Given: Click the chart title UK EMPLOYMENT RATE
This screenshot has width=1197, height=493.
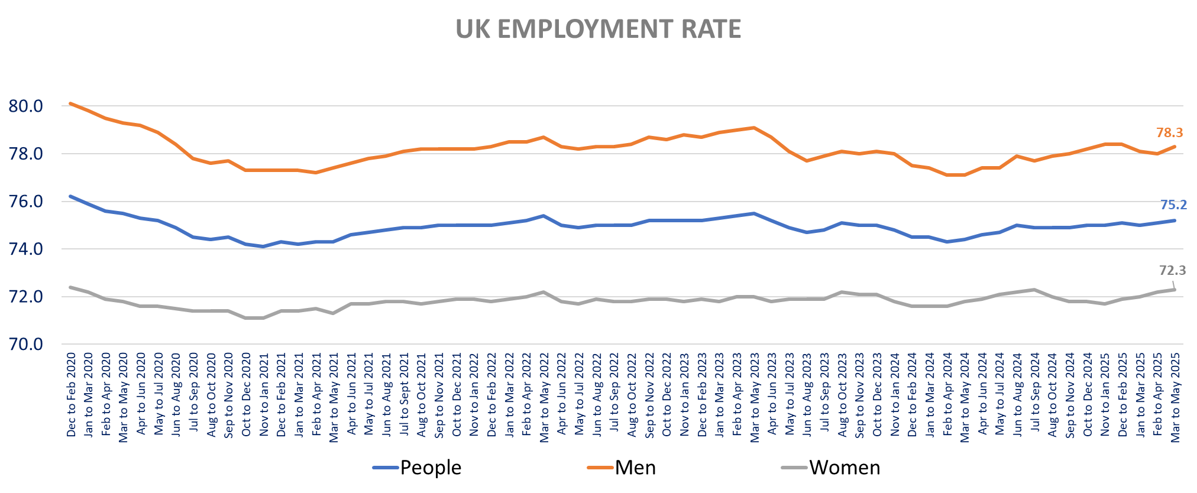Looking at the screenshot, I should coord(598,29).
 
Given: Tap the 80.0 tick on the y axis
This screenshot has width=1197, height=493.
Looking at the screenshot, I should coord(26,106).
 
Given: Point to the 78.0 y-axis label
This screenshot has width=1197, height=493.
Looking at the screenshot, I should coord(26,154).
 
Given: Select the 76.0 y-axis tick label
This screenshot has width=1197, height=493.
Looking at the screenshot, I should coord(26,202).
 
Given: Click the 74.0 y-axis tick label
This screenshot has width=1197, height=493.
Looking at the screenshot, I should coord(26,249).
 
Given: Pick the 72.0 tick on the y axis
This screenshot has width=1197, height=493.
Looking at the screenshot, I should coord(26,297).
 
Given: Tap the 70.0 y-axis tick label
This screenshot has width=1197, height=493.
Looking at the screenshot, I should coord(26,344).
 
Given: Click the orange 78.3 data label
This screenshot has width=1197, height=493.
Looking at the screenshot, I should coord(1169,133).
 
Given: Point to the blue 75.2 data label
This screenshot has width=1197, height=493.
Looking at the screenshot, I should coord(1173,205).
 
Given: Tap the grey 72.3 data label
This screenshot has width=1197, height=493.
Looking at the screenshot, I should coord(1172,271).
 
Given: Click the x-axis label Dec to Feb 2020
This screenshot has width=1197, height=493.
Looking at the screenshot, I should coord(72,394).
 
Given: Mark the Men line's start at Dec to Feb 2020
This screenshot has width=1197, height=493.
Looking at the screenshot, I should coord(70,103).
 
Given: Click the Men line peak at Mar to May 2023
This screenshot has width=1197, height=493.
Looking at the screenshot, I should coord(753,128).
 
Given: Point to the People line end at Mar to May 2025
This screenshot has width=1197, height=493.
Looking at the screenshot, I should coord(1175,220).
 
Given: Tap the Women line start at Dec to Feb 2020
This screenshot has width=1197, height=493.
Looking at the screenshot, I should coord(70,287).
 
